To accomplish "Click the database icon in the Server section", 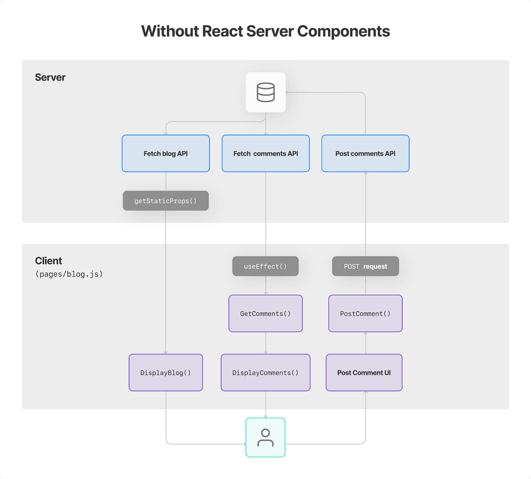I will [265, 92].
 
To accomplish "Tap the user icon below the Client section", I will [265, 437].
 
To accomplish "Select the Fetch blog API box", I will [166, 153].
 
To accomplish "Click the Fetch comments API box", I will [265, 153].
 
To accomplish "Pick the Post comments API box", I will [365, 153].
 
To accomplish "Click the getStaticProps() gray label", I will [166, 201].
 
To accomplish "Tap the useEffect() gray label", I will [265, 266].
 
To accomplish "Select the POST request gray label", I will [365, 266].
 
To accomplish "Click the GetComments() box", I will [265, 313].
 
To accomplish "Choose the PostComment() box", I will [365, 313].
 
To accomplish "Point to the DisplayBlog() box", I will [166, 372].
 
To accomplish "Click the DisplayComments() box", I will [265, 372].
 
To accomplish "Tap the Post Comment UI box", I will [364, 372].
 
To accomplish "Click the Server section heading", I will [50, 77].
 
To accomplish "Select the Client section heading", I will [49, 261].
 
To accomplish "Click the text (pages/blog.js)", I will [69, 274].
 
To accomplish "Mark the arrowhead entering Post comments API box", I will [365, 174].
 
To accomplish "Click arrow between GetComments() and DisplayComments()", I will [265, 343].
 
